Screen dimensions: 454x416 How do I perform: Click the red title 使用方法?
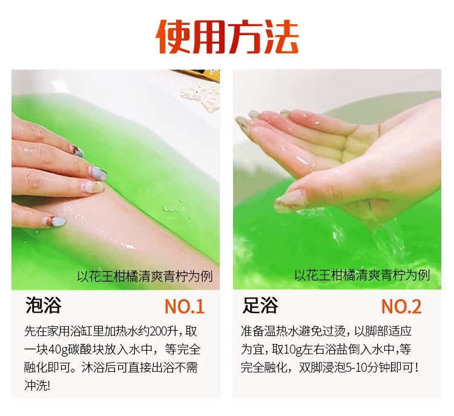pos(227,37)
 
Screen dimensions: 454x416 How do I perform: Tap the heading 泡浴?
pos(44,305)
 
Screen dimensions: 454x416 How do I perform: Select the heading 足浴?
pos(260,305)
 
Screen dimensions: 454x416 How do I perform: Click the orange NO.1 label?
pos(185,306)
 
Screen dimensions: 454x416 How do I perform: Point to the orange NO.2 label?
pos(401,306)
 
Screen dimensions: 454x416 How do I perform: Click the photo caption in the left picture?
pos(145,276)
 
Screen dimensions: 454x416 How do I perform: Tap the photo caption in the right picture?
pos(362,275)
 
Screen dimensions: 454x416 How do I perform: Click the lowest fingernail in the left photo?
pos(55,222)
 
